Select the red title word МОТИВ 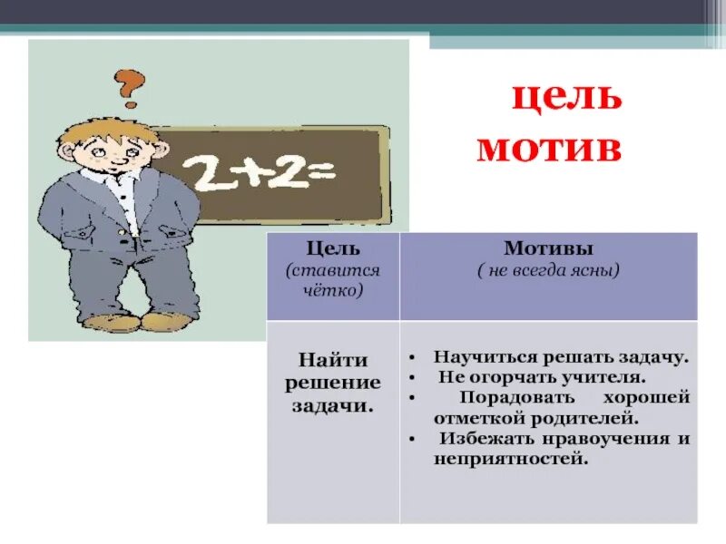(x=550, y=148)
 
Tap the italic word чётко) (x=333, y=291)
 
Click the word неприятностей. (x=512, y=460)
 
